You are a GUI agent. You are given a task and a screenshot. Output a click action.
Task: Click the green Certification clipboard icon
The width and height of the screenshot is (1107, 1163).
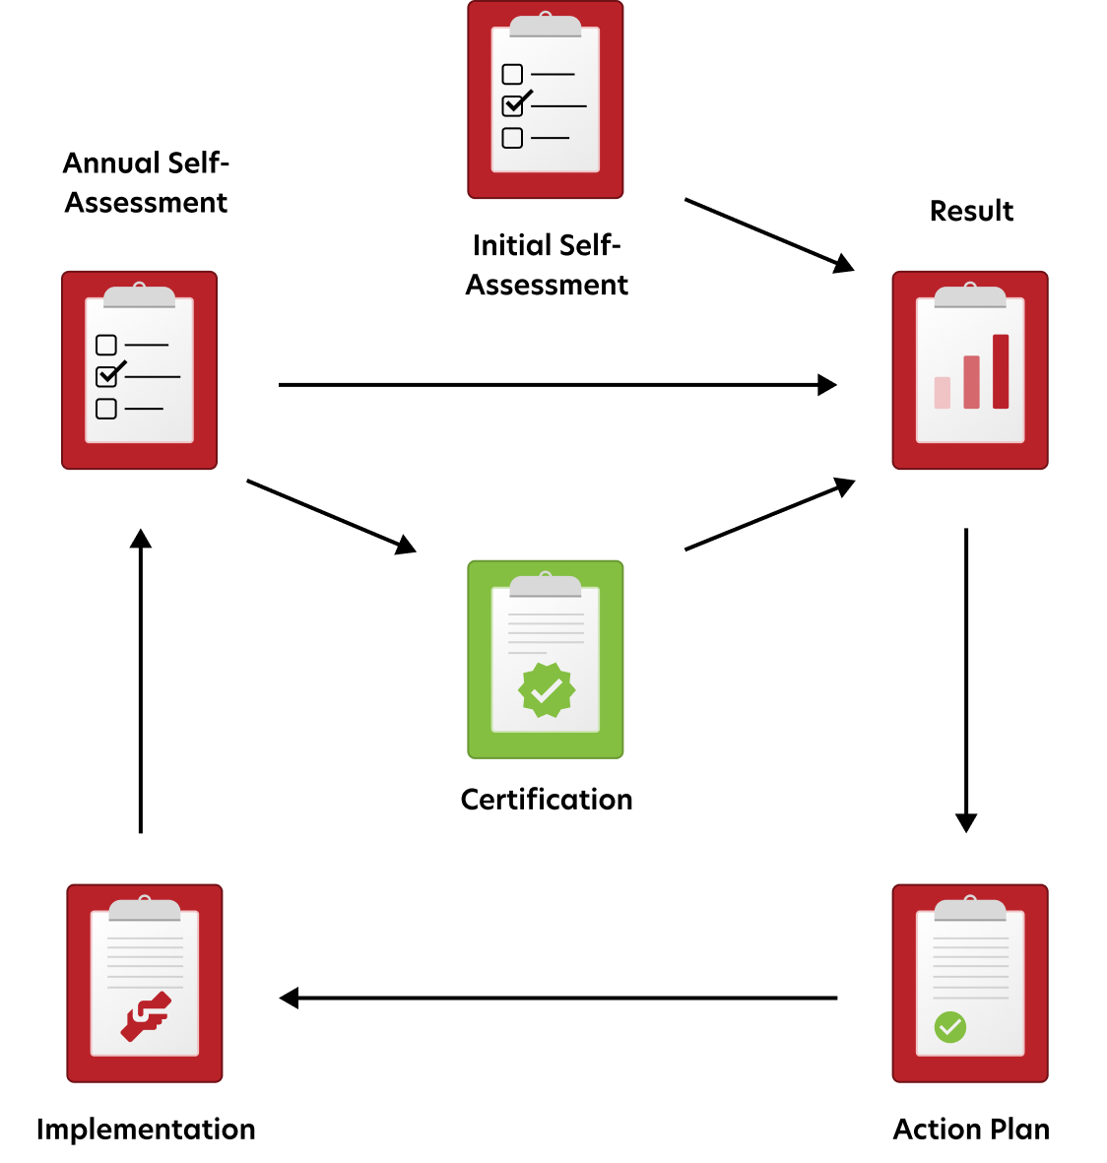(x=546, y=660)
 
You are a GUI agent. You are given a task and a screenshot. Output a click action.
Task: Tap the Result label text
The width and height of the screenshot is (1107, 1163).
(x=971, y=211)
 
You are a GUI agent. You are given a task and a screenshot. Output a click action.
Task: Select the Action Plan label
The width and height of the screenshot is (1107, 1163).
(x=971, y=1129)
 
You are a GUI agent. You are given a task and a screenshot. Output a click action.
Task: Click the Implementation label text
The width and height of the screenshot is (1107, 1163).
(x=146, y=1130)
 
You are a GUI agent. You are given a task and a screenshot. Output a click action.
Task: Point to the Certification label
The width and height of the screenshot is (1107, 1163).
(x=546, y=800)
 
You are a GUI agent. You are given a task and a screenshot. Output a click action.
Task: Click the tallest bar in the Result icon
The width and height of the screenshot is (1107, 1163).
(x=1001, y=371)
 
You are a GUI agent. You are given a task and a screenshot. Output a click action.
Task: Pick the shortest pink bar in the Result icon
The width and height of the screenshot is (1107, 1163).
(x=943, y=392)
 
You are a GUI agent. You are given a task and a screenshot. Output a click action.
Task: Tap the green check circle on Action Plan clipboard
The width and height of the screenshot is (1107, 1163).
(x=949, y=1027)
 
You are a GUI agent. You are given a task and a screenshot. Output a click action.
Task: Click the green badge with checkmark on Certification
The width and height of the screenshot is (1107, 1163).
(x=546, y=689)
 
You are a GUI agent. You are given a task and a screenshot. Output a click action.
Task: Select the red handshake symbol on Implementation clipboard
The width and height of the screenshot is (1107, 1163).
(x=146, y=1016)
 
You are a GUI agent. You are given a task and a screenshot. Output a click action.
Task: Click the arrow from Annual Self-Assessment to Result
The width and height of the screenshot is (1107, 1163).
(x=557, y=385)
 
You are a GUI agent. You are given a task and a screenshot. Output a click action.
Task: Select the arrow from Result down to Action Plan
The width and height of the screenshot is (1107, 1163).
(x=966, y=680)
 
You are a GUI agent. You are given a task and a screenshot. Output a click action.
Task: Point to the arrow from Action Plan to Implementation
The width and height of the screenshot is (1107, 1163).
(x=558, y=999)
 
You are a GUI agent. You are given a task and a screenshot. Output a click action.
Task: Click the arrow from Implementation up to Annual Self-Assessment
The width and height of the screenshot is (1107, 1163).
(x=140, y=680)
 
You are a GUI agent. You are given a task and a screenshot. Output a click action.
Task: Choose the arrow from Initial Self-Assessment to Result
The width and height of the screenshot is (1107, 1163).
(x=769, y=235)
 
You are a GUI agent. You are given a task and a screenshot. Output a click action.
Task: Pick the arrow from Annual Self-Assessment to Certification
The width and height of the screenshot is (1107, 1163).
(x=331, y=516)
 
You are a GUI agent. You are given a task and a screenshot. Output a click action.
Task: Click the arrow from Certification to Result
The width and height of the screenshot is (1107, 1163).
(x=769, y=514)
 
